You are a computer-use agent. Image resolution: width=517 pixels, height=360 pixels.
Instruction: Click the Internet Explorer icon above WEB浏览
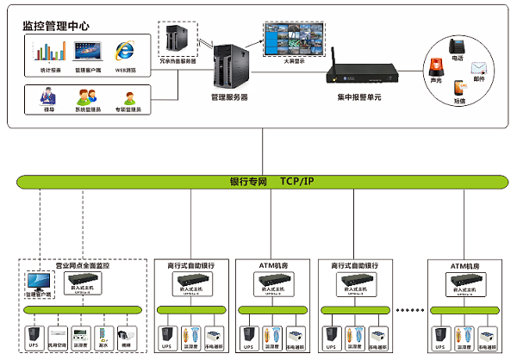pyautogui.click(x=126, y=51)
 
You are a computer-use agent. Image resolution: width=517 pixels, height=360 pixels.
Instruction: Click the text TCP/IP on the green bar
pyautogui.click(x=300, y=182)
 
